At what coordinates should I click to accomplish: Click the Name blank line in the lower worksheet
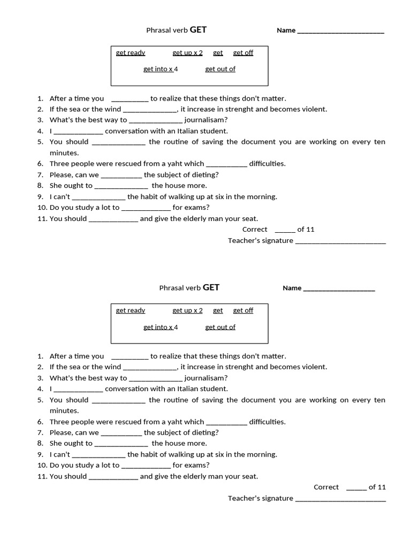(339, 289)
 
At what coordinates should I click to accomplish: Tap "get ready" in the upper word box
(131, 52)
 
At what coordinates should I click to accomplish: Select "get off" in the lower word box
(243, 310)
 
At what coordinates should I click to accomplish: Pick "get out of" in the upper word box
(220, 69)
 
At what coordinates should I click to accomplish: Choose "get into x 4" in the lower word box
(161, 327)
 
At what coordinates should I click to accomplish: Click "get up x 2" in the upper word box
(187, 52)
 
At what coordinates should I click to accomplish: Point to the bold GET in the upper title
(198, 30)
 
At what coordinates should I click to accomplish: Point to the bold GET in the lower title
(211, 287)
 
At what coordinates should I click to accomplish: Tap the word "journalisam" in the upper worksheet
(206, 120)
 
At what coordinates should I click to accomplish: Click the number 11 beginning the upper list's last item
(42, 218)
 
